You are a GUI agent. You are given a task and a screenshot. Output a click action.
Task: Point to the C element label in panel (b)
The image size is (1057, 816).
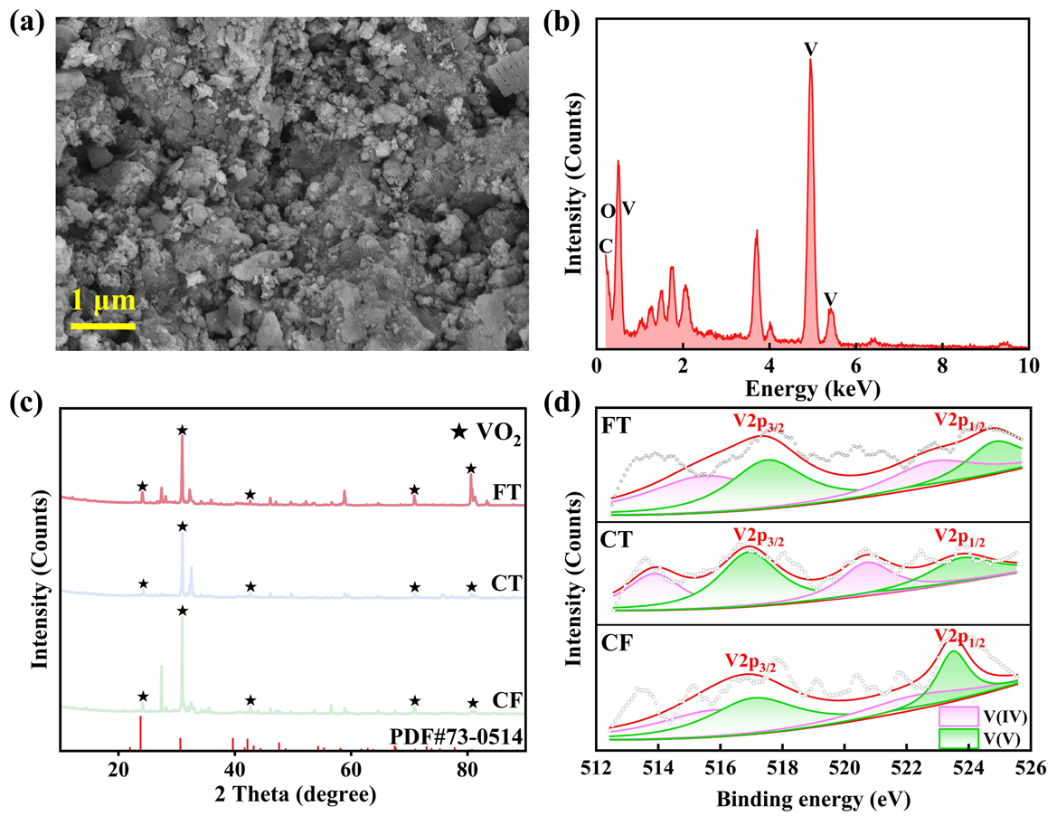pyautogui.click(x=605, y=246)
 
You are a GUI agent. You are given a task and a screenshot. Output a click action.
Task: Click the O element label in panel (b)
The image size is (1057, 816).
pyautogui.click(x=608, y=211)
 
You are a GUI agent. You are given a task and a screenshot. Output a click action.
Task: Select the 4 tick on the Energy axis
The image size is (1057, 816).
pyautogui.click(x=769, y=365)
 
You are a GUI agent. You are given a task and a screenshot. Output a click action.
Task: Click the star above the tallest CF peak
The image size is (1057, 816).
pyautogui.click(x=183, y=611)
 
